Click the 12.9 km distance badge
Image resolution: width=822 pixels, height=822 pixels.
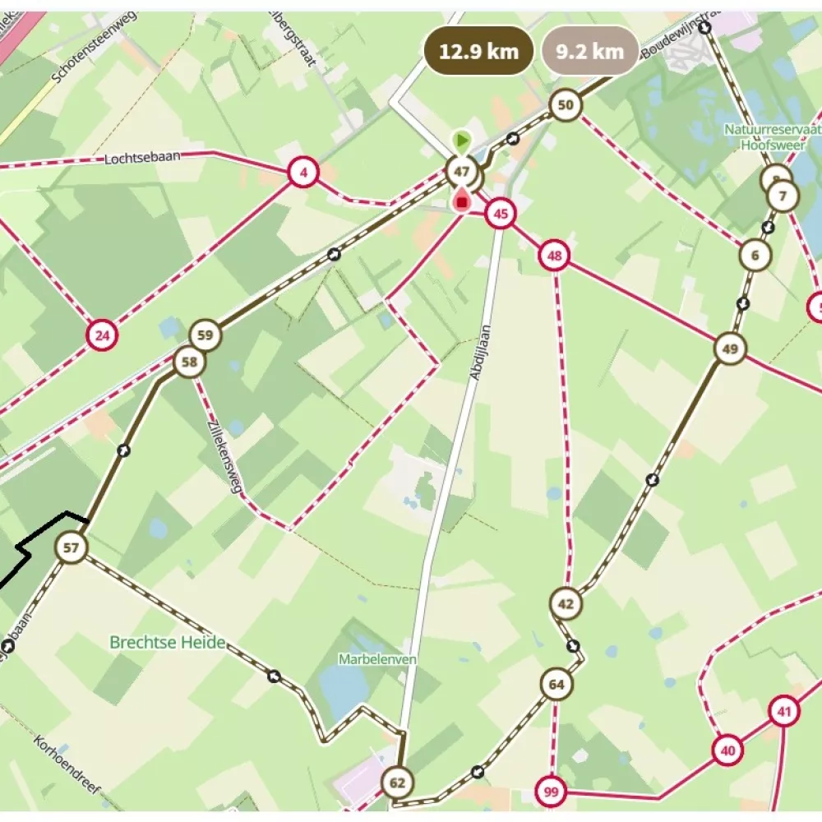pyautogui.click(x=479, y=51)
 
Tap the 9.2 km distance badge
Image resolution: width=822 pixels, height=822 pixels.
pyautogui.click(x=589, y=51)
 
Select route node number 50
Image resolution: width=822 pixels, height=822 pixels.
pyautogui.click(x=565, y=104)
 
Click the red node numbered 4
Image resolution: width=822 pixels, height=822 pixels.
pyautogui.click(x=303, y=173)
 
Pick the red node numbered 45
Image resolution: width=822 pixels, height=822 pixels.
pyautogui.click(x=500, y=215)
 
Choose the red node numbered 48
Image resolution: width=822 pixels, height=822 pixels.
pyautogui.click(x=555, y=256)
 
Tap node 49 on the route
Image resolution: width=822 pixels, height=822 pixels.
pyautogui.click(x=729, y=349)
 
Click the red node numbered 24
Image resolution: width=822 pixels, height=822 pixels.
pyautogui.click(x=102, y=335)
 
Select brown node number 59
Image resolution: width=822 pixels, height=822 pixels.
pyautogui.click(x=205, y=335)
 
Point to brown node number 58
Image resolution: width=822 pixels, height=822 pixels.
pyautogui.click(x=189, y=362)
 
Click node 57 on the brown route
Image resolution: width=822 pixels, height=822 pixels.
pyautogui.click(x=72, y=547)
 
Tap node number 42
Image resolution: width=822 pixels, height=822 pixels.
pyautogui.click(x=566, y=603)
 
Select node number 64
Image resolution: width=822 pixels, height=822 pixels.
pyautogui.click(x=556, y=684)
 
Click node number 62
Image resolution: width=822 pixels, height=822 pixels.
pyautogui.click(x=398, y=782)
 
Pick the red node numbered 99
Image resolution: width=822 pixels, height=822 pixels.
pyautogui.click(x=551, y=792)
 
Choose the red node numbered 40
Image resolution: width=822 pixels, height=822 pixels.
pyautogui.click(x=727, y=750)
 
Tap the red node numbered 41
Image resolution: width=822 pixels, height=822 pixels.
pyautogui.click(x=785, y=712)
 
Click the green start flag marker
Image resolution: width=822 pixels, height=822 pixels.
pyautogui.click(x=462, y=140)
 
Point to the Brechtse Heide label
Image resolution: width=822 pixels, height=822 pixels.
pyautogui.click(x=168, y=643)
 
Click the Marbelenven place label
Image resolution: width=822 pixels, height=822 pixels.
pyautogui.click(x=378, y=659)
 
